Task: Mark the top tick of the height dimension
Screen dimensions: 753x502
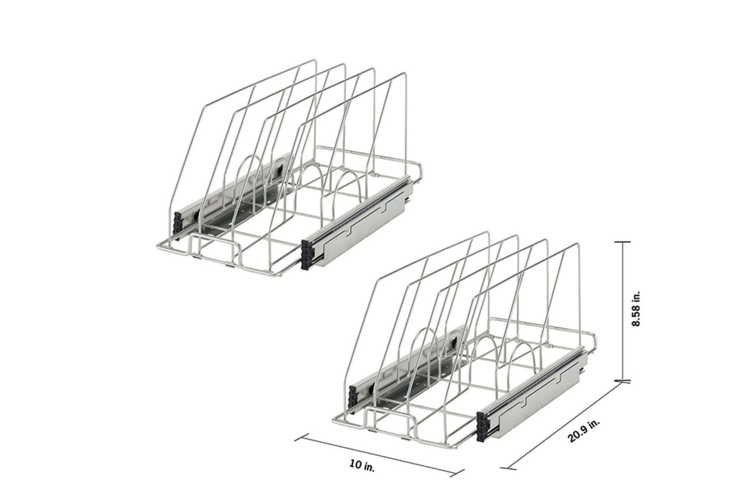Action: pos(623,242)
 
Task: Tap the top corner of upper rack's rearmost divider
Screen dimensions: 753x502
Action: pos(405,74)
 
